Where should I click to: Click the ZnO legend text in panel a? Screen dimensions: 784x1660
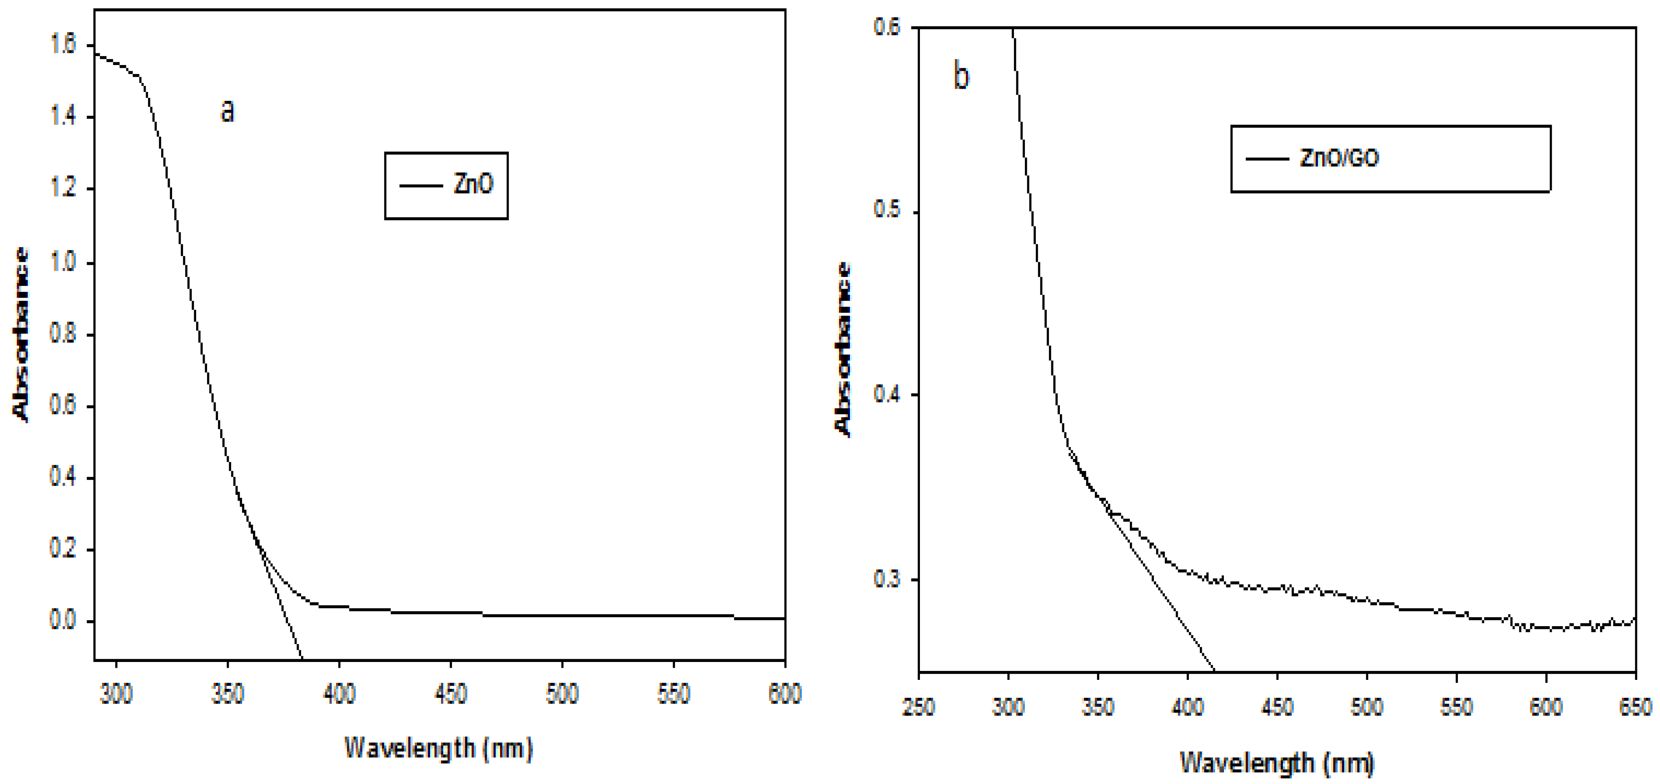473,185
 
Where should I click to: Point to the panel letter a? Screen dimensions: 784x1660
227,111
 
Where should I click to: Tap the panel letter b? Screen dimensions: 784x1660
961,77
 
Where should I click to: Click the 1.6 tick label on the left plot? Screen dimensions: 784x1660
63,44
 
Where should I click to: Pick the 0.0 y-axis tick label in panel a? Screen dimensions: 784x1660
63,621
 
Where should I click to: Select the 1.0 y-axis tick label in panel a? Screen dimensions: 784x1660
63,263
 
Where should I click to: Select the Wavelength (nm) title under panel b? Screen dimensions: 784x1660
1277,763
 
